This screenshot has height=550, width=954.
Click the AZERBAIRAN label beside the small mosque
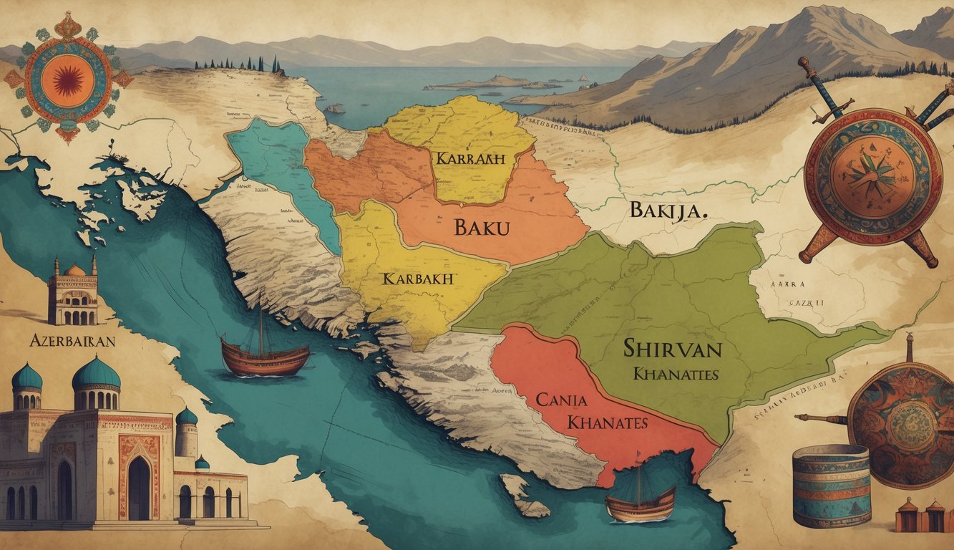point(72,341)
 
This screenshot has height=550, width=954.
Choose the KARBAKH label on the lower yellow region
point(418,279)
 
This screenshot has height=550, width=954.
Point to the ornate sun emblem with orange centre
point(67,77)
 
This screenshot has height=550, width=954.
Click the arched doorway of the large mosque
point(139,488)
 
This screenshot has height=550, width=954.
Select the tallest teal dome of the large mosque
point(97,374)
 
